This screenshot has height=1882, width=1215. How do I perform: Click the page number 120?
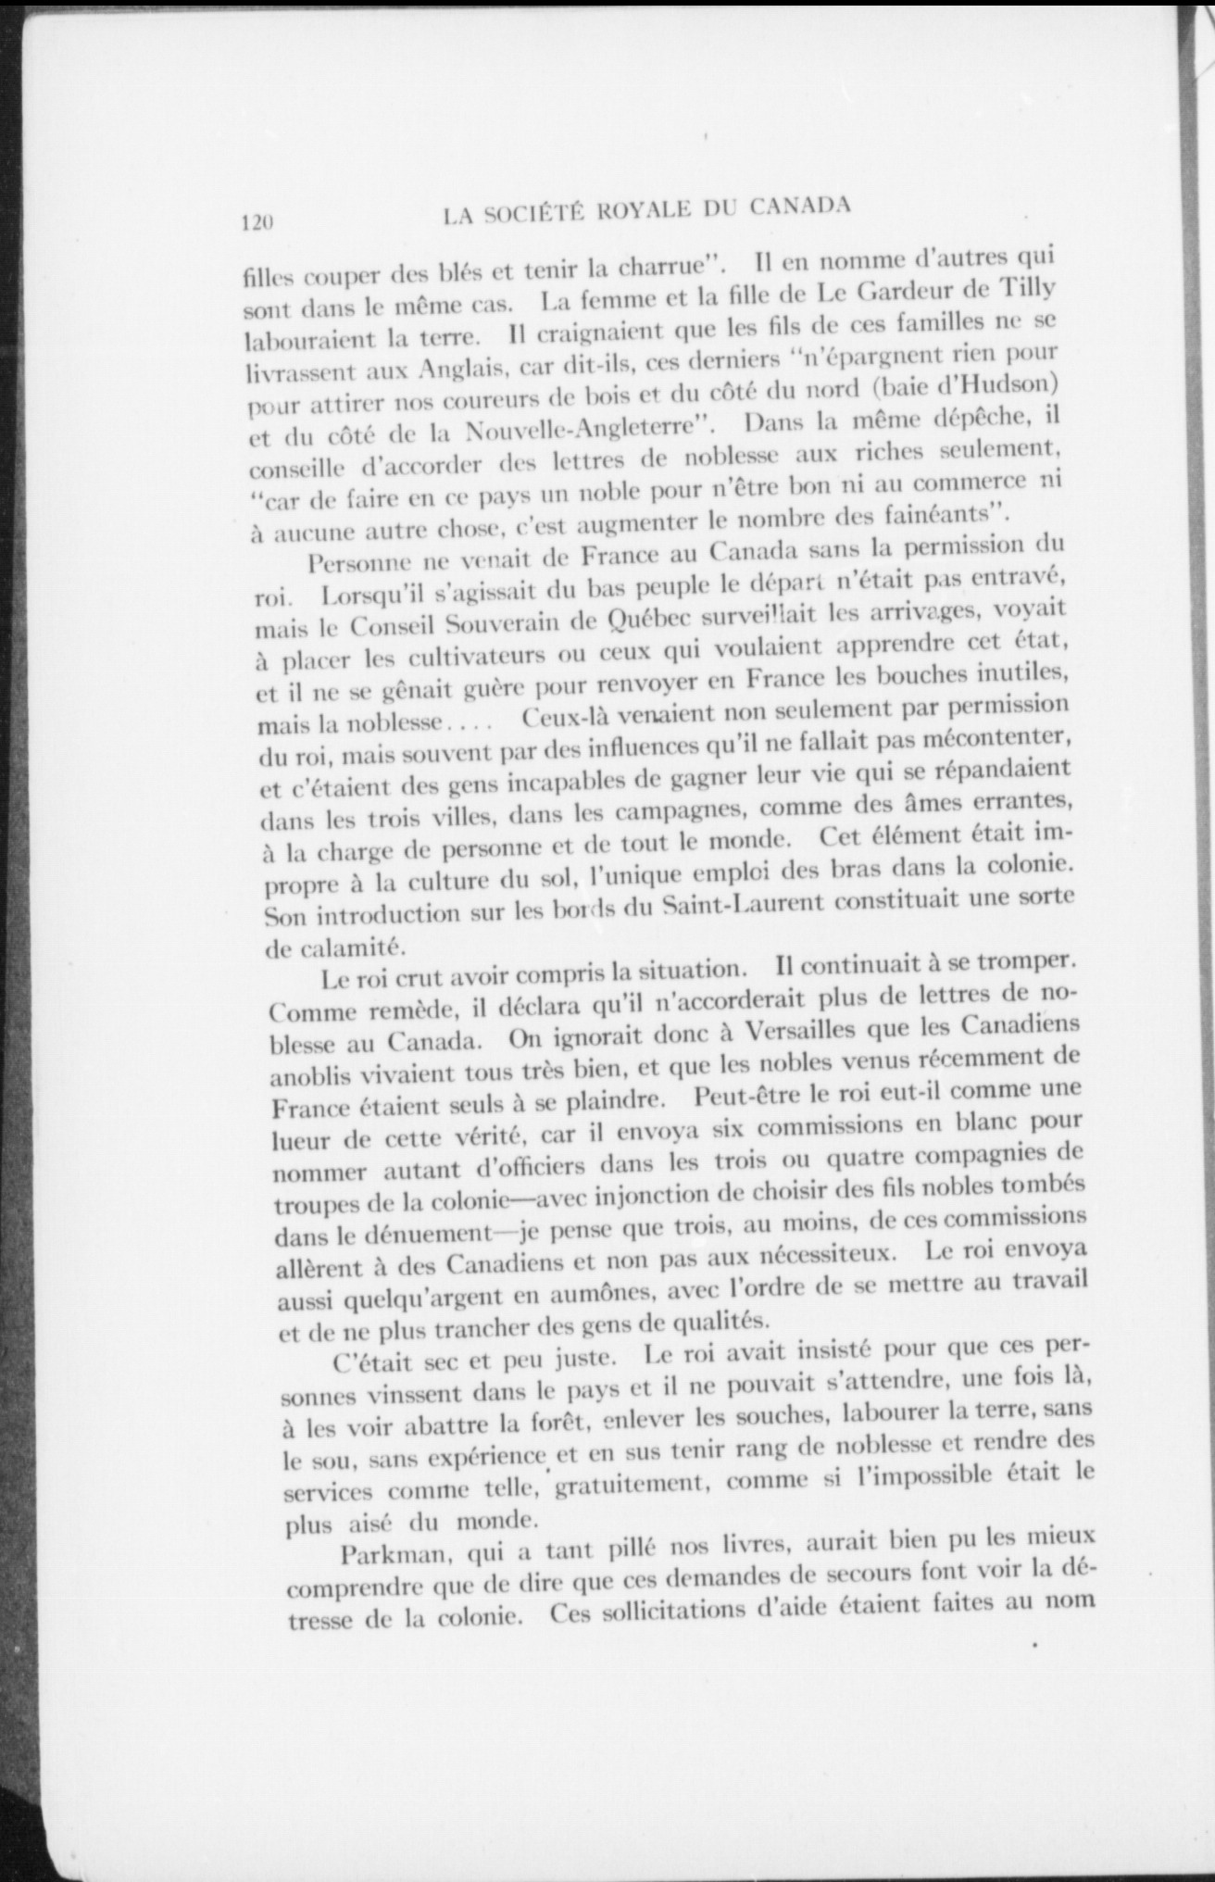255,222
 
